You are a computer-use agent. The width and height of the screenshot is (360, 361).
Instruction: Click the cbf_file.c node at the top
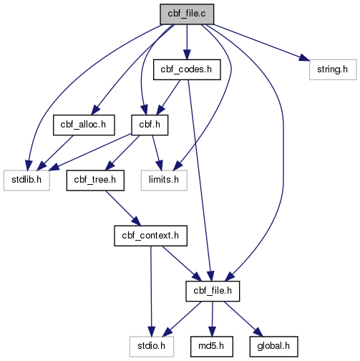click(187, 14)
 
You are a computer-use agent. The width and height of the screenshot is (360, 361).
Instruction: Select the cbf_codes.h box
click(187, 69)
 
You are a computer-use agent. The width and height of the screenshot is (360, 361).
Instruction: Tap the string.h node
click(333, 69)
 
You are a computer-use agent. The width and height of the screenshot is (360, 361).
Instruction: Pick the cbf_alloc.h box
click(84, 125)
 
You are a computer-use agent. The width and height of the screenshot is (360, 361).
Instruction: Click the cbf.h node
click(150, 125)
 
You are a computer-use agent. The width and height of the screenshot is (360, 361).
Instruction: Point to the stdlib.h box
click(26, 180)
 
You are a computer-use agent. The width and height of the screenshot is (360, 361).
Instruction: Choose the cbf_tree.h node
click(95, 180)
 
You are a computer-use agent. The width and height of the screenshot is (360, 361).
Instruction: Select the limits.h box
click(164, 180)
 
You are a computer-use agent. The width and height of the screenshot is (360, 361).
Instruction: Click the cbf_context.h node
click(150, 236)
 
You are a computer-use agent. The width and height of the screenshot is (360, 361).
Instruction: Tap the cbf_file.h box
click(213, 291)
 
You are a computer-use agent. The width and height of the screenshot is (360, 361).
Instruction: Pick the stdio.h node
click(152, 347)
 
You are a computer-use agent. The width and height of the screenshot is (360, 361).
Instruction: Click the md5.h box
click(212, 347)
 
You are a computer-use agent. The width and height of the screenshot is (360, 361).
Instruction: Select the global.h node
click(273, 347)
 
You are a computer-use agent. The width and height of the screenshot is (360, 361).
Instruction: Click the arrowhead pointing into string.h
click(304, 58)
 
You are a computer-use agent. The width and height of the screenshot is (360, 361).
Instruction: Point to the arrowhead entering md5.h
click(212, 332)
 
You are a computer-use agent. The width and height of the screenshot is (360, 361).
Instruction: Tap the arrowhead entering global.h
click(258, 332)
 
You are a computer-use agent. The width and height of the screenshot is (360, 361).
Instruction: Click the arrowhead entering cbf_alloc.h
click(95, 110)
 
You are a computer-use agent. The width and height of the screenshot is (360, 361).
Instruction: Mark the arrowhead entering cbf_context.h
click(137, 221)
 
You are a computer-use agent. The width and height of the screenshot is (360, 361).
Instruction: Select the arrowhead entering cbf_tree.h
click(110, 165)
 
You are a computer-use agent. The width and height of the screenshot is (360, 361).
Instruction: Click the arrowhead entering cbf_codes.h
click(187, 55)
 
